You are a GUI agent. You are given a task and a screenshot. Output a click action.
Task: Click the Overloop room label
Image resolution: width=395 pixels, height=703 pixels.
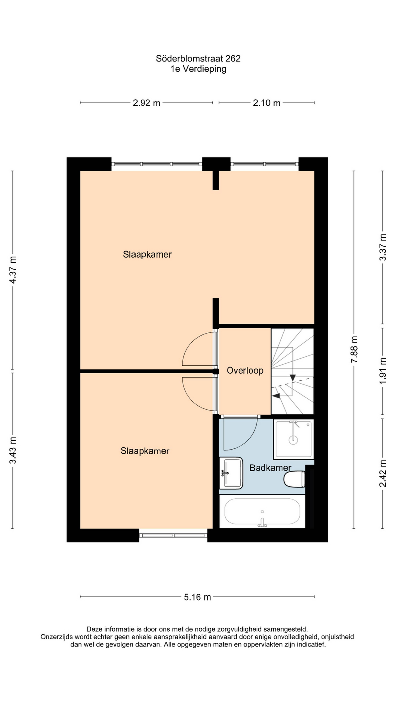[245, 371]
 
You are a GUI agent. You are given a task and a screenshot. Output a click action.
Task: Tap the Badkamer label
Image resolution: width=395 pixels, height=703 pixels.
[270, 468]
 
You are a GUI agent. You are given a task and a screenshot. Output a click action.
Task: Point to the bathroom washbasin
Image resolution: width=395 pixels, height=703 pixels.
[231, 473]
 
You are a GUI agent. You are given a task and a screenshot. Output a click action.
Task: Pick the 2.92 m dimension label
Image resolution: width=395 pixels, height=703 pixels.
[146, 103]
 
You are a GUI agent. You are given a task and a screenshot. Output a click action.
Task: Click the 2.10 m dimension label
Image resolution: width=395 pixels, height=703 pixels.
[266, 103]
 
